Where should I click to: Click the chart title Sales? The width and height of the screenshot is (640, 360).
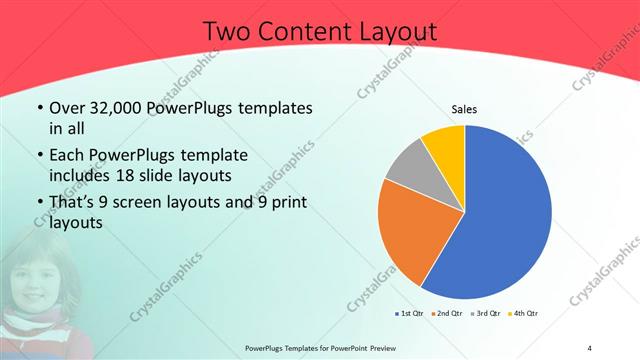464,108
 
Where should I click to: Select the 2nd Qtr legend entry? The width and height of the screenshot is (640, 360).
446,314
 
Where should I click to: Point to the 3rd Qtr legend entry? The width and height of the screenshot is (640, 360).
487,314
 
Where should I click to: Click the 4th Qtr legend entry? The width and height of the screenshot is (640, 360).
526,314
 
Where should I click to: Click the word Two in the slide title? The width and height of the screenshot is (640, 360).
227,33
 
